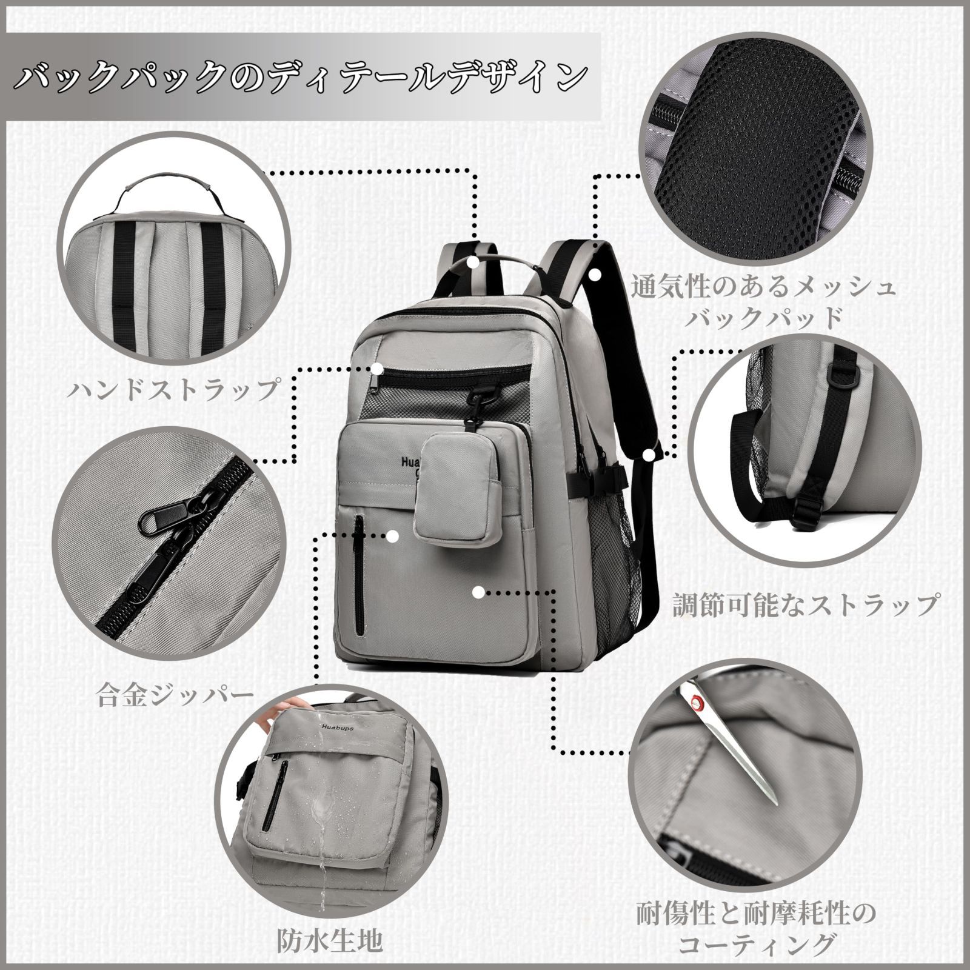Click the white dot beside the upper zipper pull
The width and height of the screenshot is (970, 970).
[x=378, y=369]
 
